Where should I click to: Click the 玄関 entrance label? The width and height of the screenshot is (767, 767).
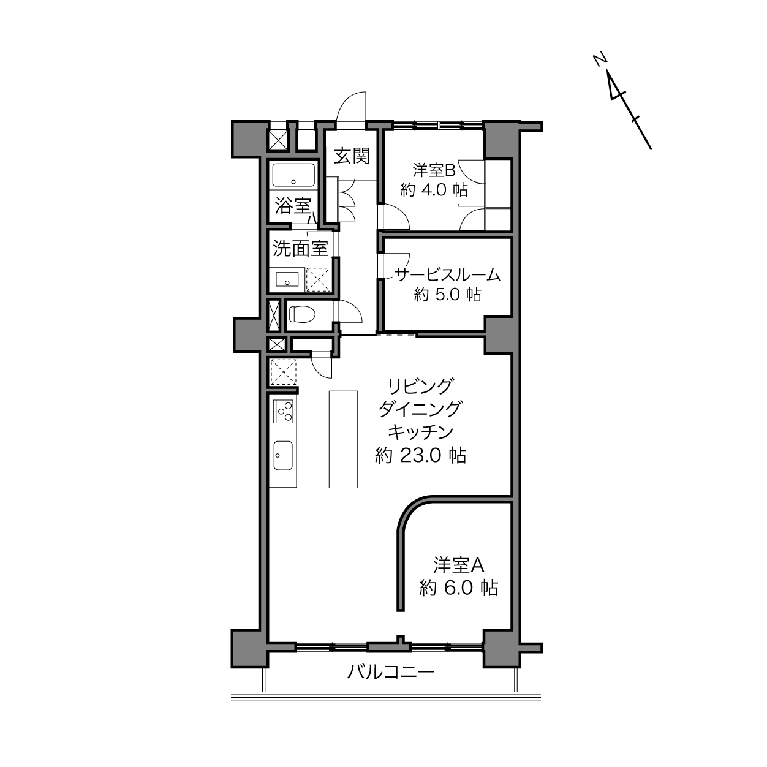point(352,156)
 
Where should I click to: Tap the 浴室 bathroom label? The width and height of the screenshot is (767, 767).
point(293,206)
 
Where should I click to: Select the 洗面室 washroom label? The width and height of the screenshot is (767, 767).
point(301,249)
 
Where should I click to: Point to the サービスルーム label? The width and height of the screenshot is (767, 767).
point(447,275)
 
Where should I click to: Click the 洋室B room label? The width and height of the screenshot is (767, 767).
point(434,170)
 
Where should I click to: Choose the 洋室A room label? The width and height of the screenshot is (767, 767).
point(459,565)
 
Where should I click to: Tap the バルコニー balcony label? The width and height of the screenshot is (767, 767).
point(391,672)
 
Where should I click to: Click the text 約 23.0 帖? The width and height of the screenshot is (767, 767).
point(421,455)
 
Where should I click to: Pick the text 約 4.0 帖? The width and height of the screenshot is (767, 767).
point(434,191)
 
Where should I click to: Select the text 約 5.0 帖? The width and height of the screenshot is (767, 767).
point(447,295)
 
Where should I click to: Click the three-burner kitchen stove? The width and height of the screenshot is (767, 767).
point(283,411)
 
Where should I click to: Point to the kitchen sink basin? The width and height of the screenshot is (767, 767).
point(283,455)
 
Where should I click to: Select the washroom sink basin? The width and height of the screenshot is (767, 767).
point(287,279)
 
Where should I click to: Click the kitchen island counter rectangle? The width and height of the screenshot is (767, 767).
point(343,439)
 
